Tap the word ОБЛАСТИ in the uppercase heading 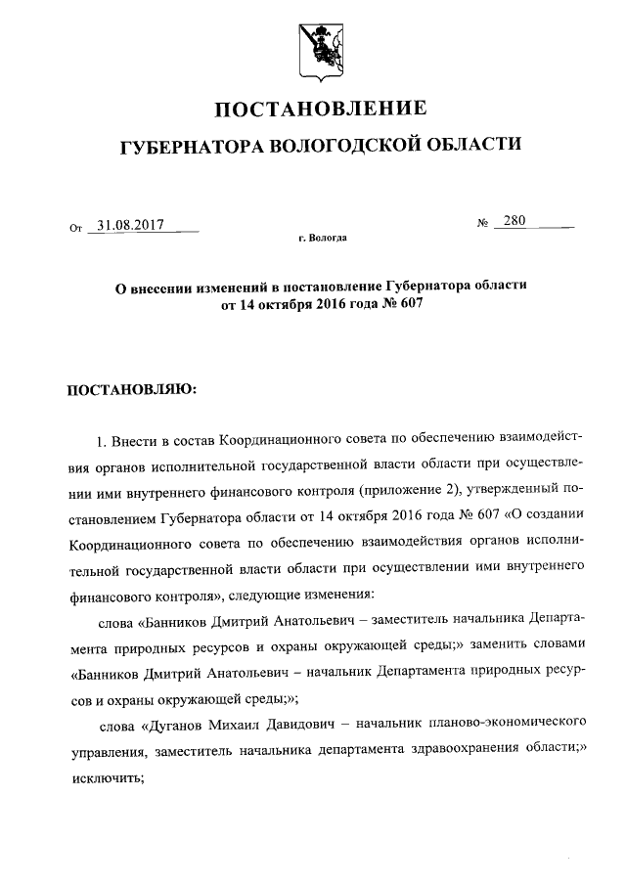coord(474,146)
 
